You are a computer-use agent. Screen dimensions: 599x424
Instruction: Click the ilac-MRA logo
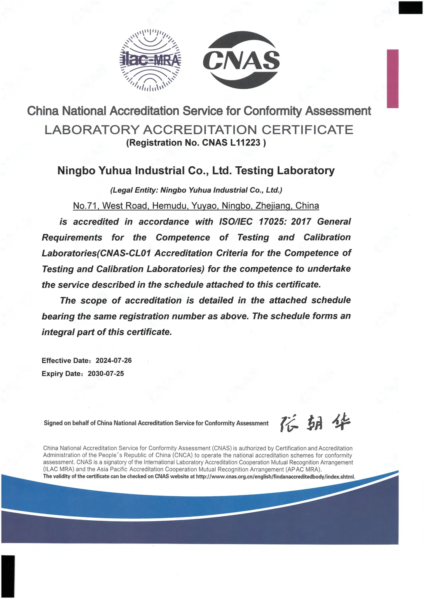[150, 60]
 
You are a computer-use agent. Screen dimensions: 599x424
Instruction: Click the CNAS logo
[241, 60]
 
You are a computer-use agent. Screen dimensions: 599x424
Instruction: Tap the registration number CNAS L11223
[231, 143]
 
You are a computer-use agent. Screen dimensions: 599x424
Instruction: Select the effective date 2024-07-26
[114, 360]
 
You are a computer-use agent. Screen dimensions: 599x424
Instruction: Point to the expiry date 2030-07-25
[106, 374]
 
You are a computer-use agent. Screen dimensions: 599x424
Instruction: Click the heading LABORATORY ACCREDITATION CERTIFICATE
[199, 129]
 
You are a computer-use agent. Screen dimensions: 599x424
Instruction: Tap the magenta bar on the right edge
[393, 78]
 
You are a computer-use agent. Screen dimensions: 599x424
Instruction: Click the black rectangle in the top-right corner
[410, 8]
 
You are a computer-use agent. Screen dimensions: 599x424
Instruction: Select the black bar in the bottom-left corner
[8, 576]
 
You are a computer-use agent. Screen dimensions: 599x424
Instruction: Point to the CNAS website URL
[275, 477]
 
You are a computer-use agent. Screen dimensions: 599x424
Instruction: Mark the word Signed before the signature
[53, 423]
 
